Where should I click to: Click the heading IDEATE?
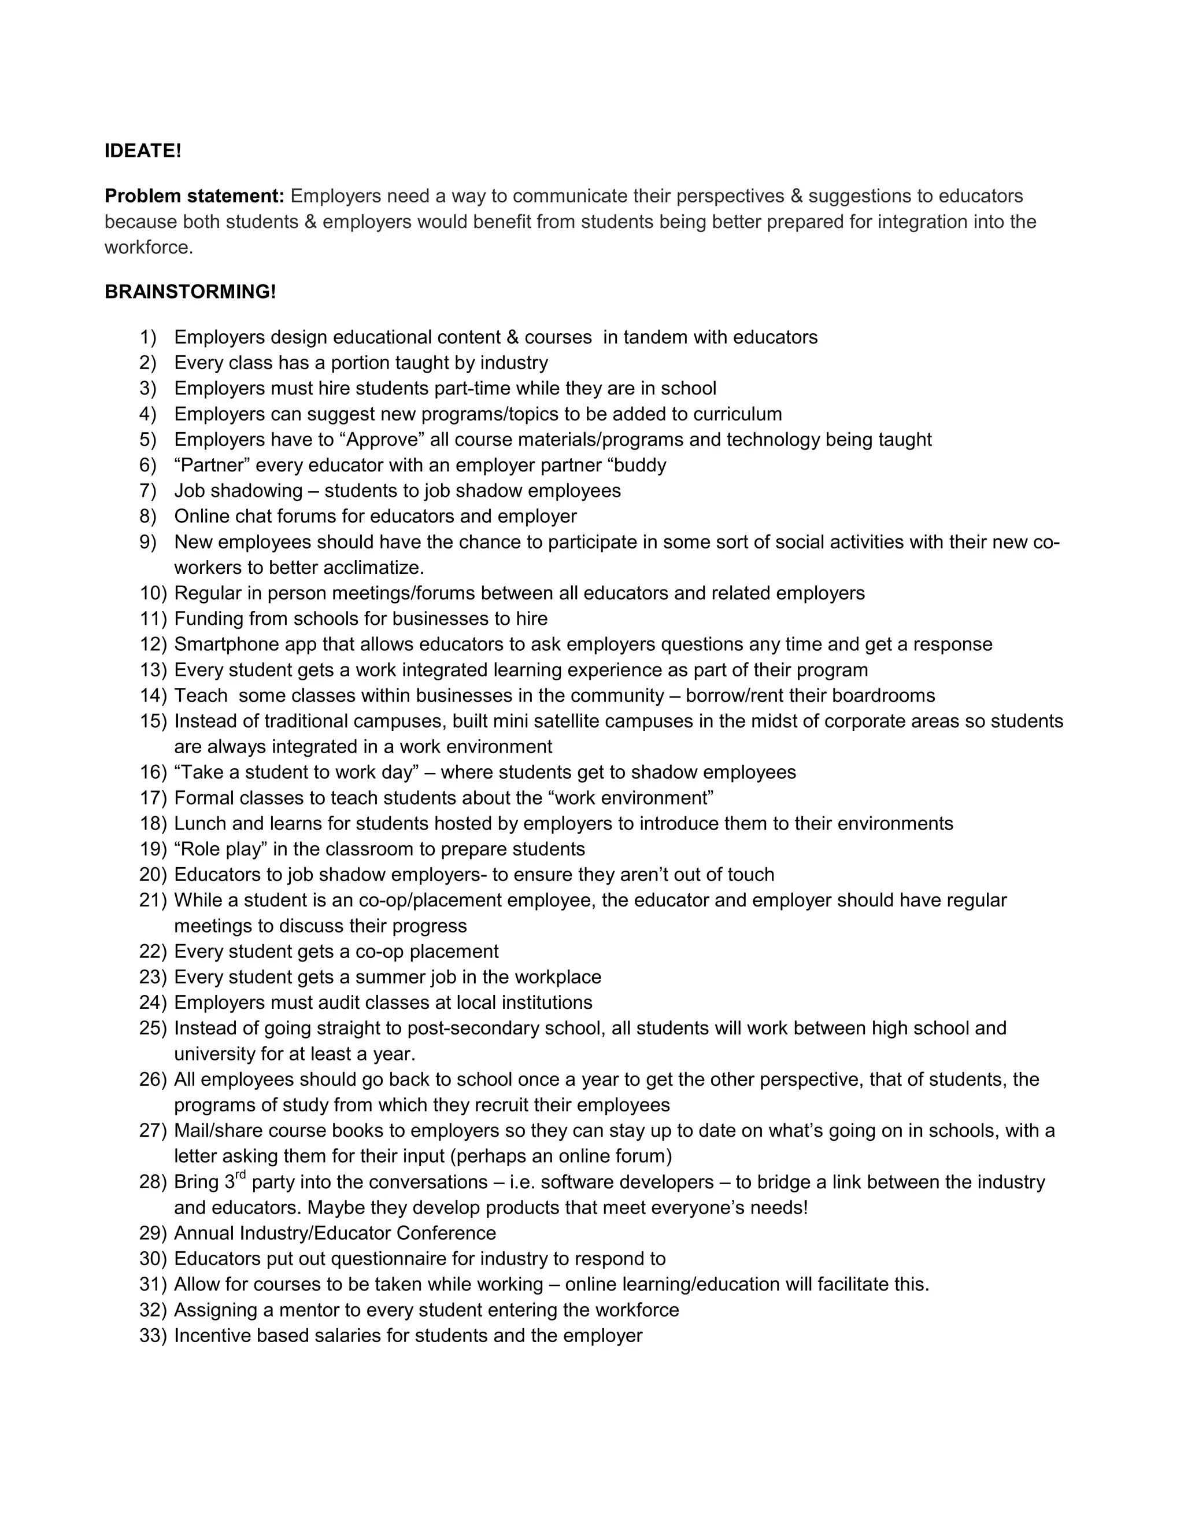[142, 151]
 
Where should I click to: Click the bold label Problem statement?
[194, 196]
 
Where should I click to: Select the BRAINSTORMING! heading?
[190, 292]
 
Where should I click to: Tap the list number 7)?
[147, 491]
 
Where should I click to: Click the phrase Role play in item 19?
[221, 849]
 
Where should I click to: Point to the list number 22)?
[152, 952]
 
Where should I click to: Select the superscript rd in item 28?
[240, 1175]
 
